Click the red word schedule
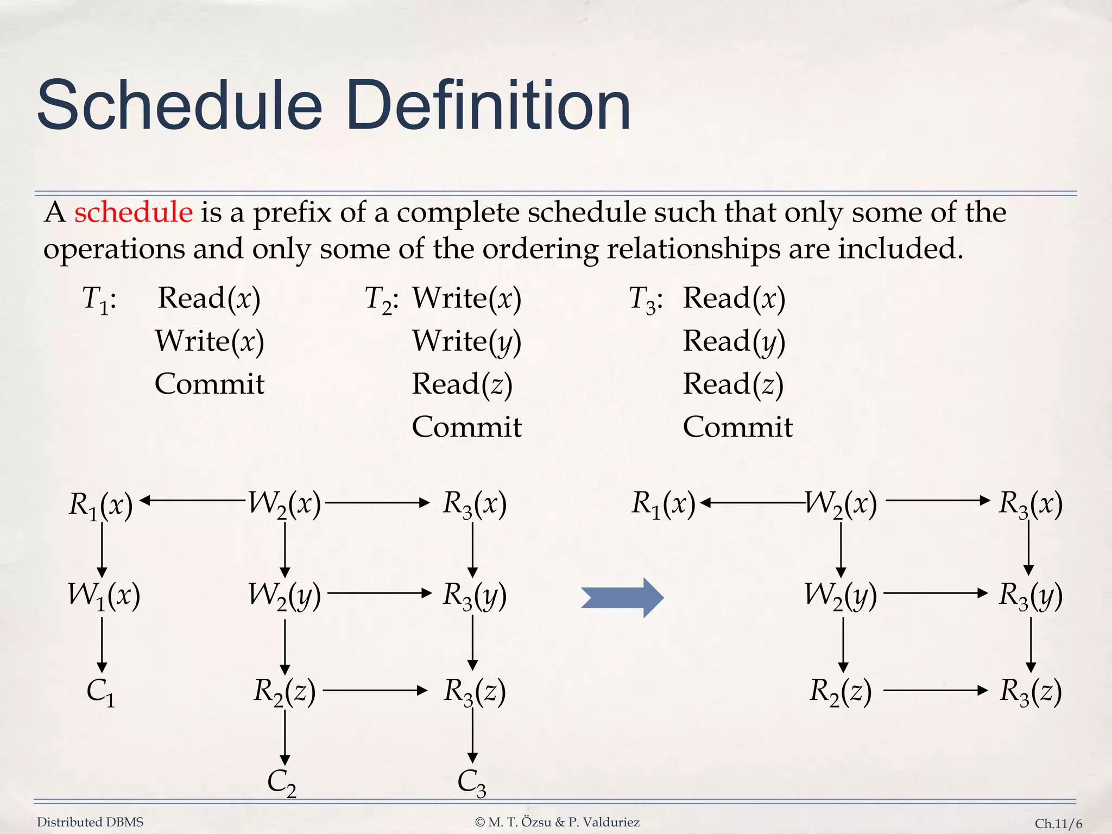click(x=133, y=212)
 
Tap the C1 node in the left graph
click(x=101, y=692)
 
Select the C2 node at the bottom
click(x=282, y=783)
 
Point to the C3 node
click(x=471, y=783)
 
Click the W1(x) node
click(x=104, y=595)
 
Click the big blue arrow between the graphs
click(x=622, y=598)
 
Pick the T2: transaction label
click(x=382, y=299)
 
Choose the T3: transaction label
click(x=646, y=299)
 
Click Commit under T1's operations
click(x=209, y=384)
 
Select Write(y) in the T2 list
click(x=466, y=342)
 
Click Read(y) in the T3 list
click(x=734, y=342)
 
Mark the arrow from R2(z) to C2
click(x=285, y=737)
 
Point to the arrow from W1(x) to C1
click(x=102, y=645)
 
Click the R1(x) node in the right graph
click(x=663, y=503)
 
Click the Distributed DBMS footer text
click(x=90, y=822)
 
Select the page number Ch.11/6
click(x=1058, y=824)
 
